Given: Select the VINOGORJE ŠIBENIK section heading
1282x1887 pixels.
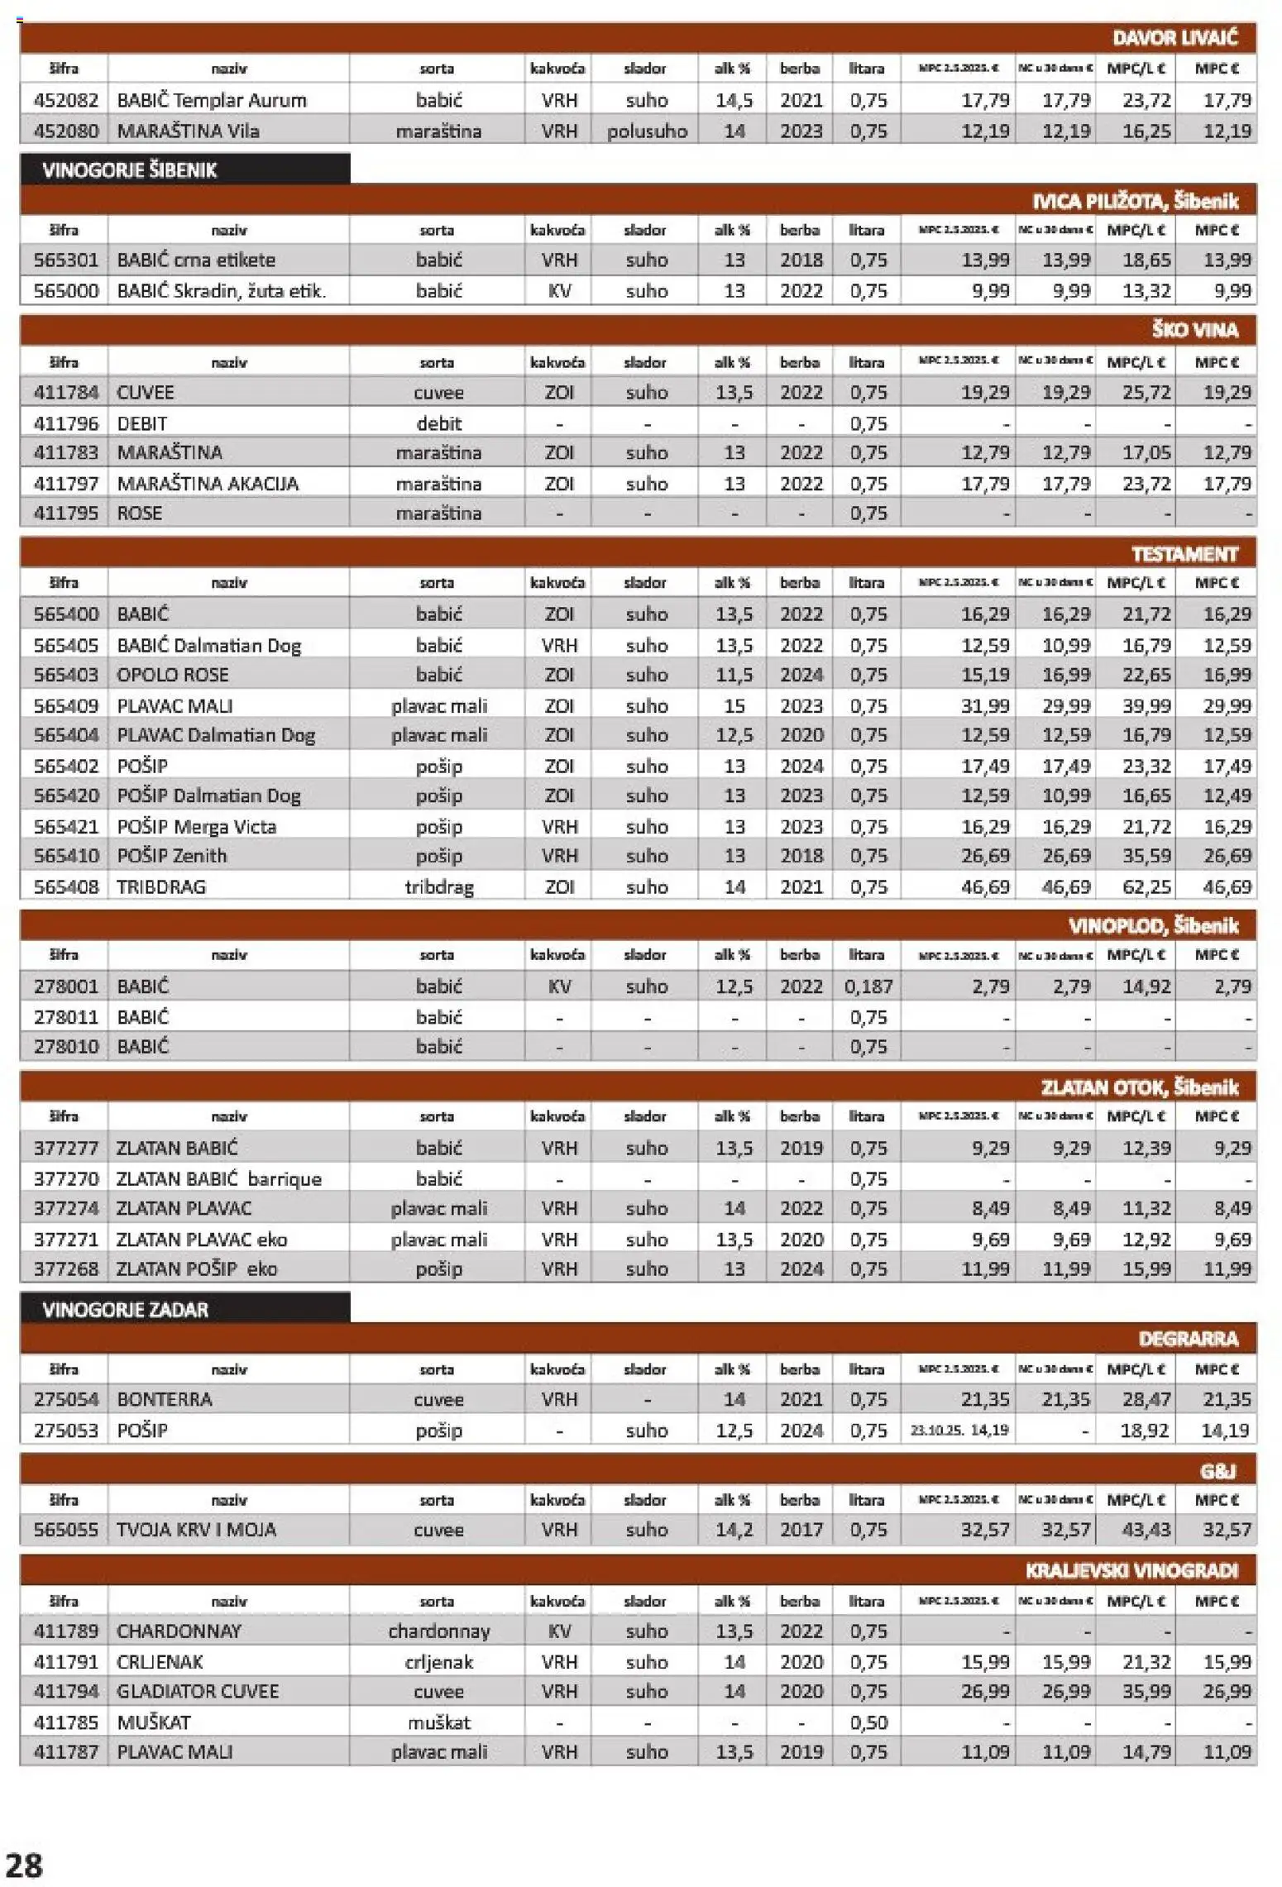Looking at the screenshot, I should tap(129, 170).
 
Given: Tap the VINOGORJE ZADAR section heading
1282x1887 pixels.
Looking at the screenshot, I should tap(125, 1310).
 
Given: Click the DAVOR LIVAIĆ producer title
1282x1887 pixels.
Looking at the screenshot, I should tap(1174, 38).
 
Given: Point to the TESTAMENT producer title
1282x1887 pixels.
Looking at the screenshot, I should tap(1184, 554).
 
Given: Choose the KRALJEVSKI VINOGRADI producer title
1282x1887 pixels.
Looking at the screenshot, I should tap(1131, 1570).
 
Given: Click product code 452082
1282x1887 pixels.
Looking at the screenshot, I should tap(65, 101).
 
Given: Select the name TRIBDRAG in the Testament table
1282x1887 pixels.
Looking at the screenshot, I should tap(160, 886).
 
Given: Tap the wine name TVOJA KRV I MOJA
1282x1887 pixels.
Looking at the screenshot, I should tap(196, 1530).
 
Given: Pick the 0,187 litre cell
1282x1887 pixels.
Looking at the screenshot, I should tap(868, 986).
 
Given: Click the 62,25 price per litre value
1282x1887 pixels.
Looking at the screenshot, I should tap(1146, 886).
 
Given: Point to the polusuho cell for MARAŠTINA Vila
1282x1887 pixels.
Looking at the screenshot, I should tap(647, 131).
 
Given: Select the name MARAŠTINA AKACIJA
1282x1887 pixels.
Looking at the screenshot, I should tap(207, 484).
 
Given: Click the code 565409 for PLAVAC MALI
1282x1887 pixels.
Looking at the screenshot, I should tap(65, 705).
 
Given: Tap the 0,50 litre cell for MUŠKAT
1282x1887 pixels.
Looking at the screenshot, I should tap(868, 1722).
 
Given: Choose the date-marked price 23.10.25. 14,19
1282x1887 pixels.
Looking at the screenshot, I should tap(959, 1430).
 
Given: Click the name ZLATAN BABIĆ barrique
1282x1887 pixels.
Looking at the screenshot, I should tap(218, 1178).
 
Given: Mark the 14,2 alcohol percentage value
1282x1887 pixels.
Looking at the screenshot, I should tap(734, 1530).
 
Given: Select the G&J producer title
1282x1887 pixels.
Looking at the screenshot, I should tap(1217, 1471).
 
